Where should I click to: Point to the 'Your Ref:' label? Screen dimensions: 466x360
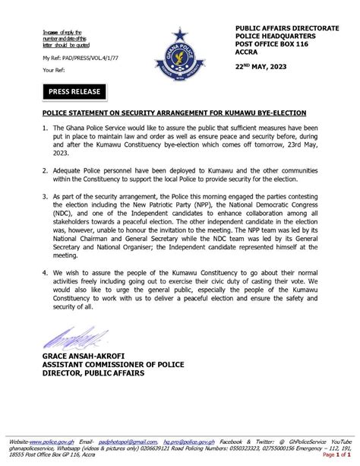pos(53,69)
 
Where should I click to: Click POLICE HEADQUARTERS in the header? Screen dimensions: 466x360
pos(272,35)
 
